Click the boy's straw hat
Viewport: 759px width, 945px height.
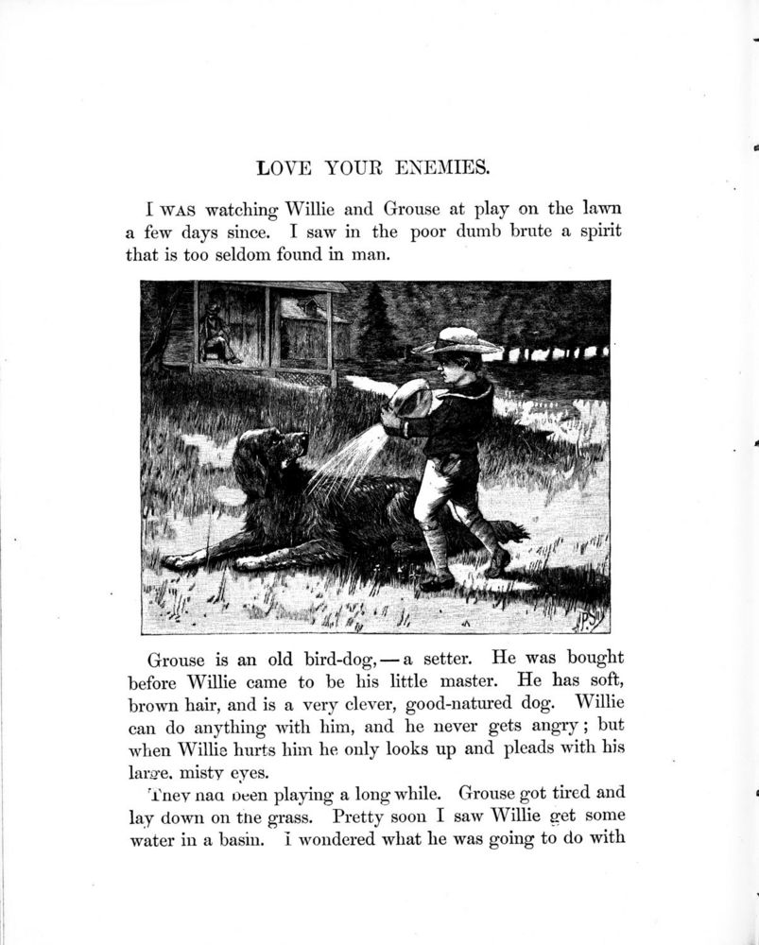(x=457, y=342)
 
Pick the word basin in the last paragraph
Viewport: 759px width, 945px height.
(x=231, y=838)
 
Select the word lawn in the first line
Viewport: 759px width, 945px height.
(x=601, y=208)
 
